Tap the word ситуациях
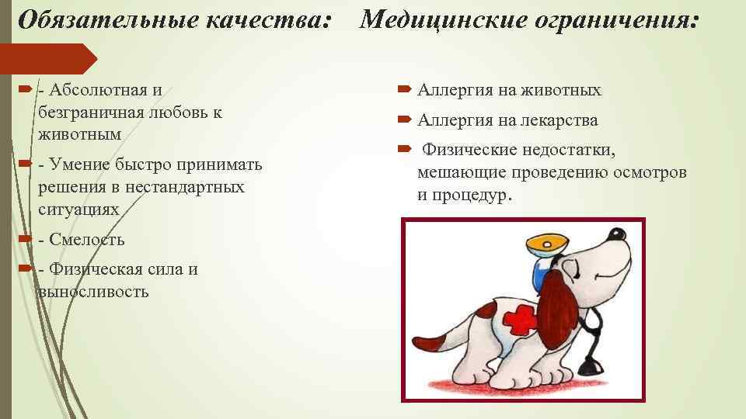[78, 209]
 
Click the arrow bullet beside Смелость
[24, 238]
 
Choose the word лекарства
[558, 120]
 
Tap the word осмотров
[650, 171]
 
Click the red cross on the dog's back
[516, 317]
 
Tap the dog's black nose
[618, 234]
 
